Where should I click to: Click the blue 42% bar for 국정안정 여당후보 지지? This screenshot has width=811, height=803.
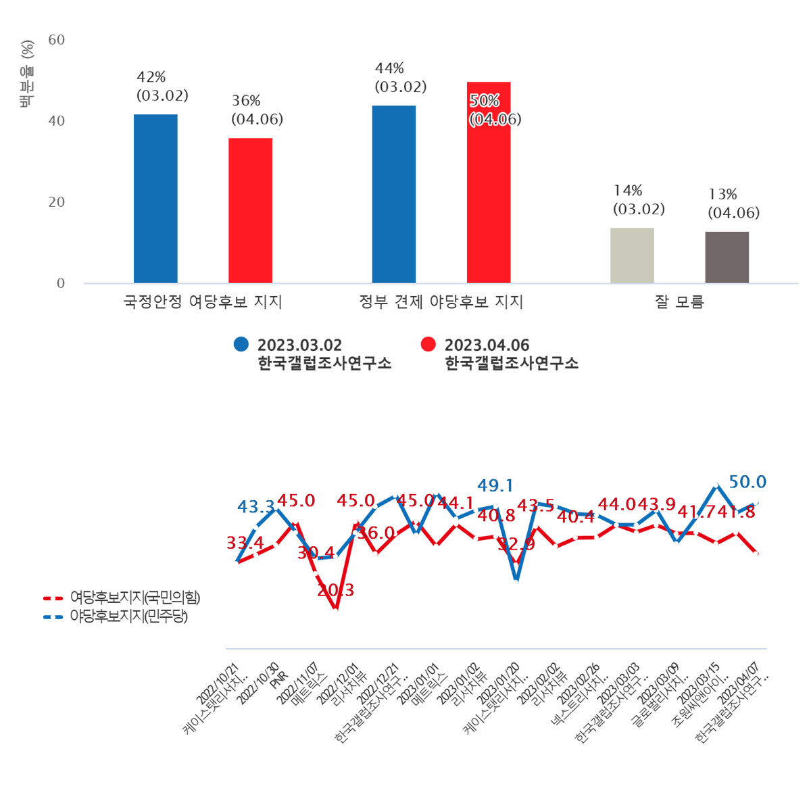point(155,199)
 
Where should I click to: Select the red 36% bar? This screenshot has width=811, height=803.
point(250,211)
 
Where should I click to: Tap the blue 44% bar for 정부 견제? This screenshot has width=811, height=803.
point(394,195)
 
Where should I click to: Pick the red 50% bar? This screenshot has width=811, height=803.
point(489,182)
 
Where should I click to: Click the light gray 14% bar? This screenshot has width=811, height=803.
point(632,255)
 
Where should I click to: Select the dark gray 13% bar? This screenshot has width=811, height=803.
point(727,258)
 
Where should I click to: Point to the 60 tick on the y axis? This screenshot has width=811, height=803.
point(57,40)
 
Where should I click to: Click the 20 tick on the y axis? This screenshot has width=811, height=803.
point(57,202)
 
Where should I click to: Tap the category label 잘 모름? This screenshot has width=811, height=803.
point(679,302)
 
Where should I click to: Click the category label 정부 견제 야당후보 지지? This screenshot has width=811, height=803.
point(441,302)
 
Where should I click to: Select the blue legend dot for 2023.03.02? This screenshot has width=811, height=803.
point(241,344)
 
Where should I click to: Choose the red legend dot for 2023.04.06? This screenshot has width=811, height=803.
point(428,344)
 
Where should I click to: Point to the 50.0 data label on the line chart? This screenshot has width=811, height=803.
point(747,482)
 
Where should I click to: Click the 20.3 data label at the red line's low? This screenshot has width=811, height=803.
point(336,590)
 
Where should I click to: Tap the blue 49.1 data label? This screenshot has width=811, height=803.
point(495,485)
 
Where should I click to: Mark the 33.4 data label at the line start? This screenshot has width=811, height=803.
point(245,543)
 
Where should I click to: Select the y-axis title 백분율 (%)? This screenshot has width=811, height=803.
point(27,74)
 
